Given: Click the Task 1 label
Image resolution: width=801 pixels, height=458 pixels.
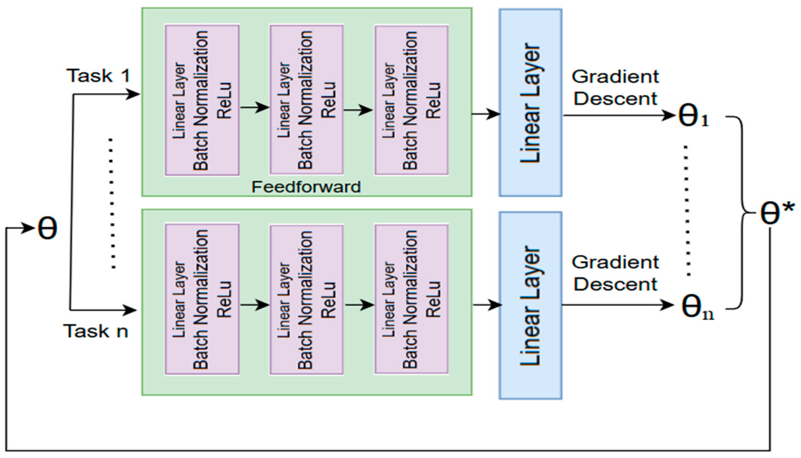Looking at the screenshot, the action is pos(98,76).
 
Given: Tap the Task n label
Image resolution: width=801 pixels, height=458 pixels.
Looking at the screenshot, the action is pos(96,331).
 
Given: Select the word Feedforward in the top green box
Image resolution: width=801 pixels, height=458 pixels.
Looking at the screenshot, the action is pos(306,187).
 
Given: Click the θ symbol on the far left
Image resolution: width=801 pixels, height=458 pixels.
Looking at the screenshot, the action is pos(47,228).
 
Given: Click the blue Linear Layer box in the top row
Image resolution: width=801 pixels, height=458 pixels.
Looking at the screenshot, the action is pos(530,103).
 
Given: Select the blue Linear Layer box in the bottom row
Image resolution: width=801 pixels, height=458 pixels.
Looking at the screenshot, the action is pos(530,305).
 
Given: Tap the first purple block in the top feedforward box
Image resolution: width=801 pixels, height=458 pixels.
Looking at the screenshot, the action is pos(202,100).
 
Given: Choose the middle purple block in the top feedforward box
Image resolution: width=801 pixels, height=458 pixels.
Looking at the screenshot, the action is pos(307,100).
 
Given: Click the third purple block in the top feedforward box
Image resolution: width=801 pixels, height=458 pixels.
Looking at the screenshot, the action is pos(411,100).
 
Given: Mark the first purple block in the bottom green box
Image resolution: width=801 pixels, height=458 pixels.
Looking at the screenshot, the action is pos(202,299).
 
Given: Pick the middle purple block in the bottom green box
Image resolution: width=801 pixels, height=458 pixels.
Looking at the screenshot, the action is pos(307,299).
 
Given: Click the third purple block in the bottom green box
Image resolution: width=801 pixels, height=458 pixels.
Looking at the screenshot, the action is pos(411,299).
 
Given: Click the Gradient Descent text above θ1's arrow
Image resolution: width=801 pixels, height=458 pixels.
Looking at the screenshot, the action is pos(615,88).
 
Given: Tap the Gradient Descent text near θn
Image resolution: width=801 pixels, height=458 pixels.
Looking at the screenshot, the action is pos(615,273).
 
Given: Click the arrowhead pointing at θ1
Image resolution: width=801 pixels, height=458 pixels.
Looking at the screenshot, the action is pos(669,115).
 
